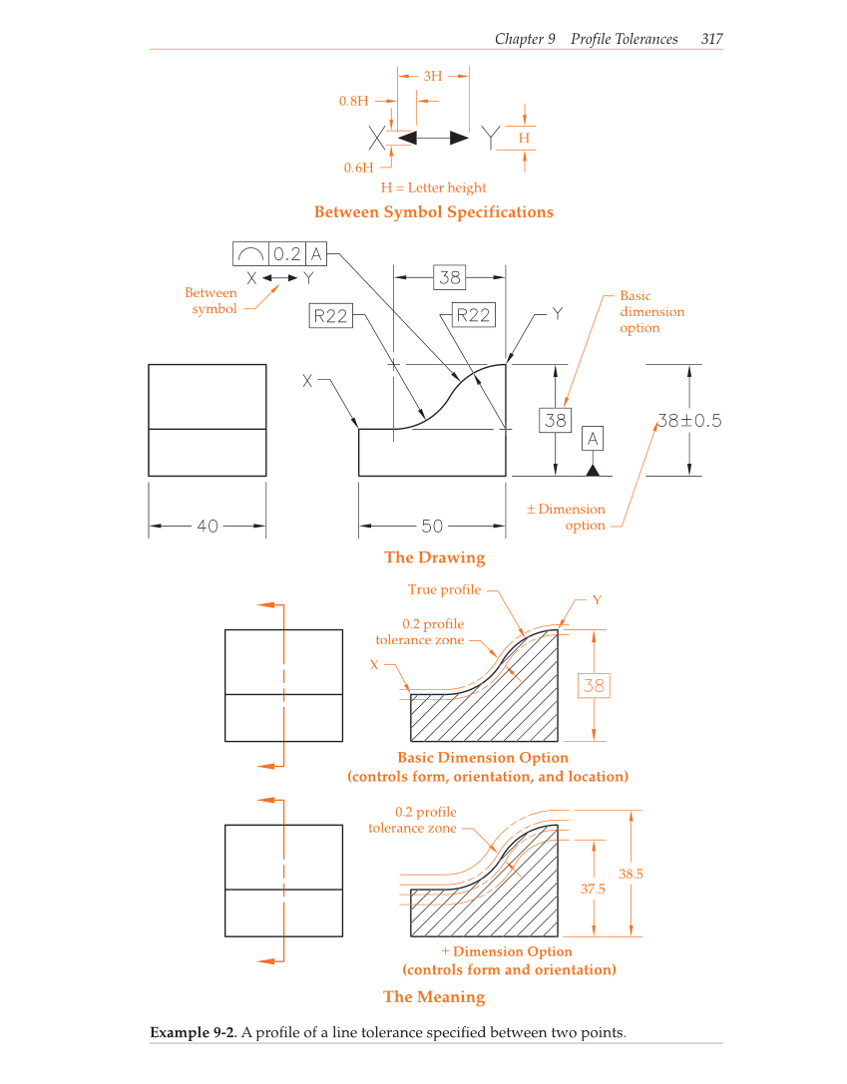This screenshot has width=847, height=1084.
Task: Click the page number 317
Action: pos(711,39)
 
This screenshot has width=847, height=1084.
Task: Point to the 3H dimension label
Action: pos(433,76)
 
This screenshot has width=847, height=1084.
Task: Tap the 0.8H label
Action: pos(354,101)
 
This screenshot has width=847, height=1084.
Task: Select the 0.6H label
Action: pos(358,168)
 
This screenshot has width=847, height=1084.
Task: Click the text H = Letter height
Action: pos(433,187)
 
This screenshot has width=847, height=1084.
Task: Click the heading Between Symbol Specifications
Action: pos(433,211)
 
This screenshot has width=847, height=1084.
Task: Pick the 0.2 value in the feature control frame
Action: pos(287,253)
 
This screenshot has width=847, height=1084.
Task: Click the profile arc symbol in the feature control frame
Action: pos(250,253)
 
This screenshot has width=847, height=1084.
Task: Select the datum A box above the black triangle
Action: pos(593,438)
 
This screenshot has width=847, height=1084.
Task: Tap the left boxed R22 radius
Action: pos(330,316)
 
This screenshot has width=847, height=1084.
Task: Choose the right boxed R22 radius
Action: pos(473,315)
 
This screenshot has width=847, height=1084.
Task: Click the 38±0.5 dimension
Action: pos(688,420)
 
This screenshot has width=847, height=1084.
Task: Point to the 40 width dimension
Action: pos(207,526)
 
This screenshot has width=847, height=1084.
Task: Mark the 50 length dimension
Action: pos(432,526)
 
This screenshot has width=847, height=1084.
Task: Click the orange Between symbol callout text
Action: pos(212,300)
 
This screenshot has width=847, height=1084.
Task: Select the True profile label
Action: pos(444,589)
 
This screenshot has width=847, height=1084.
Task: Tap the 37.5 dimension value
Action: pos(593,890)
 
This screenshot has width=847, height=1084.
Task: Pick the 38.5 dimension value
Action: pos(631,874)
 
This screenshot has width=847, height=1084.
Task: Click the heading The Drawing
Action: pos(434,557)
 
